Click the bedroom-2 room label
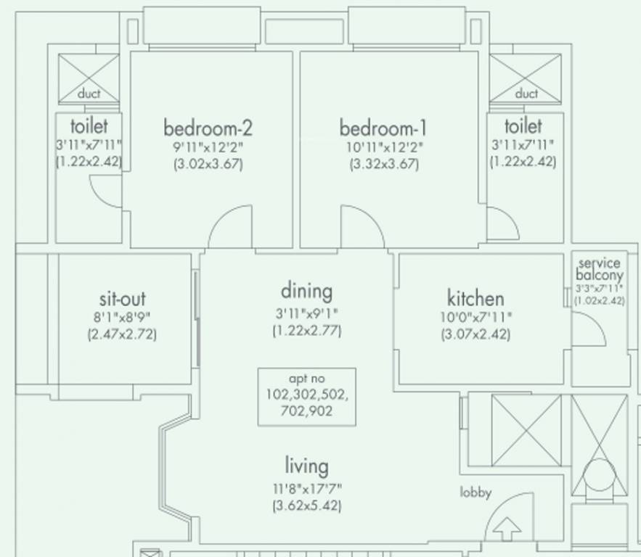pyautogui.click(x=208, y=129)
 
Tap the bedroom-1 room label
pyautogui.click(x=383, y=129)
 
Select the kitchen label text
pyautogui.click(x=475, y=298)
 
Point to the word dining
pyautogui.click(x=306, y=292)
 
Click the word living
pyautogui.click(x=306, y=466)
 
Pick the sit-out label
pyautogui.click(x=122, y=299)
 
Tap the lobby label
pyautogui.click(x=475, y=492)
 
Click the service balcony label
pyautogui.click(x=599, y=269)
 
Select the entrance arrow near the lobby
pyautogui.click(x=507, y=529)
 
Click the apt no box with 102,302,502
pyautogui.click(x=306, y=396)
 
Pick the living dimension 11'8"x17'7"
pyautogui.click(x=306, y=488)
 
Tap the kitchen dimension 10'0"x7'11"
pyautogui.click(x=475, y=317)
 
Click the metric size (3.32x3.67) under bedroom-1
pyautogui.click(x=383, y=164)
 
